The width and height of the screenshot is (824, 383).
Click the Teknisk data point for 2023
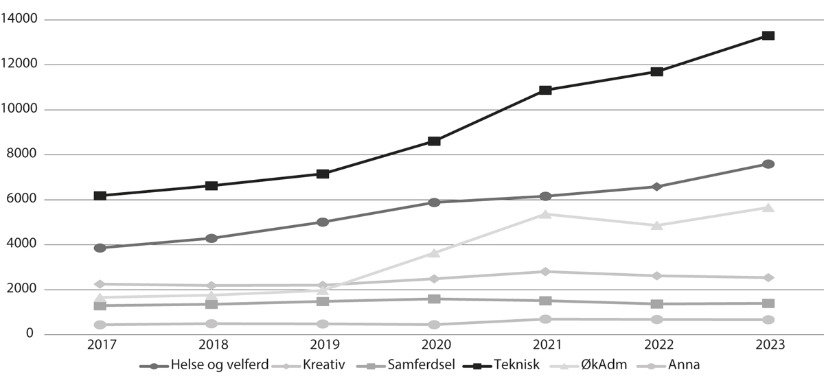point(768,36)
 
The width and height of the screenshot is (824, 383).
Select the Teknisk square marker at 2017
point(100,196)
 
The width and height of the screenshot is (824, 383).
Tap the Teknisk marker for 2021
point(545,90)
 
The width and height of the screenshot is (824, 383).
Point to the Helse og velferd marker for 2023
point(768,164)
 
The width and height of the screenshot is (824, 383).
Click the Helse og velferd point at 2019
point(323,222)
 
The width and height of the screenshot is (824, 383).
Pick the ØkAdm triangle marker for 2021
point(545,214)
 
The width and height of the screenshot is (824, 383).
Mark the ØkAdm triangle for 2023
point(768,207)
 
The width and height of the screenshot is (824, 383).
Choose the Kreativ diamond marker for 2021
point(545,272)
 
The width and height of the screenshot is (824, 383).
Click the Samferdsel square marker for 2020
point(434,299)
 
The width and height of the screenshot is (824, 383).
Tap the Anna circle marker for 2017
point(100,325)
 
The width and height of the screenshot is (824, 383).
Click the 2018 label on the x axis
point(211,345)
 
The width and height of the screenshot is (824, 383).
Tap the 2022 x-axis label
point(657,345)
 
